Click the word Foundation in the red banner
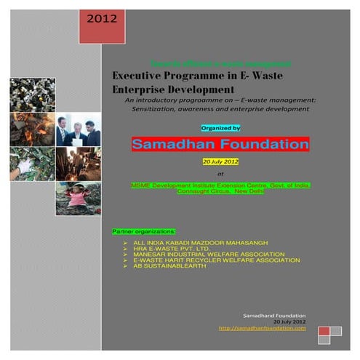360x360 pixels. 264,145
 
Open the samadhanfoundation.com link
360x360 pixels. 262,328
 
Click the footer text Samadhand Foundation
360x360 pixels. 275,315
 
